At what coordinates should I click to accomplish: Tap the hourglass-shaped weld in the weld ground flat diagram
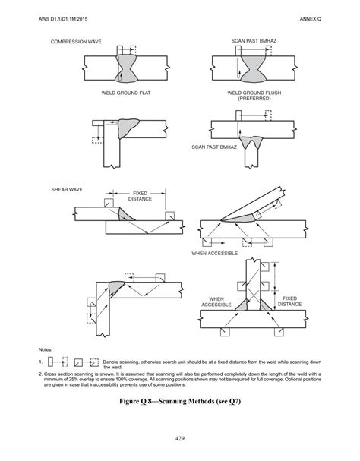[125, 66]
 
